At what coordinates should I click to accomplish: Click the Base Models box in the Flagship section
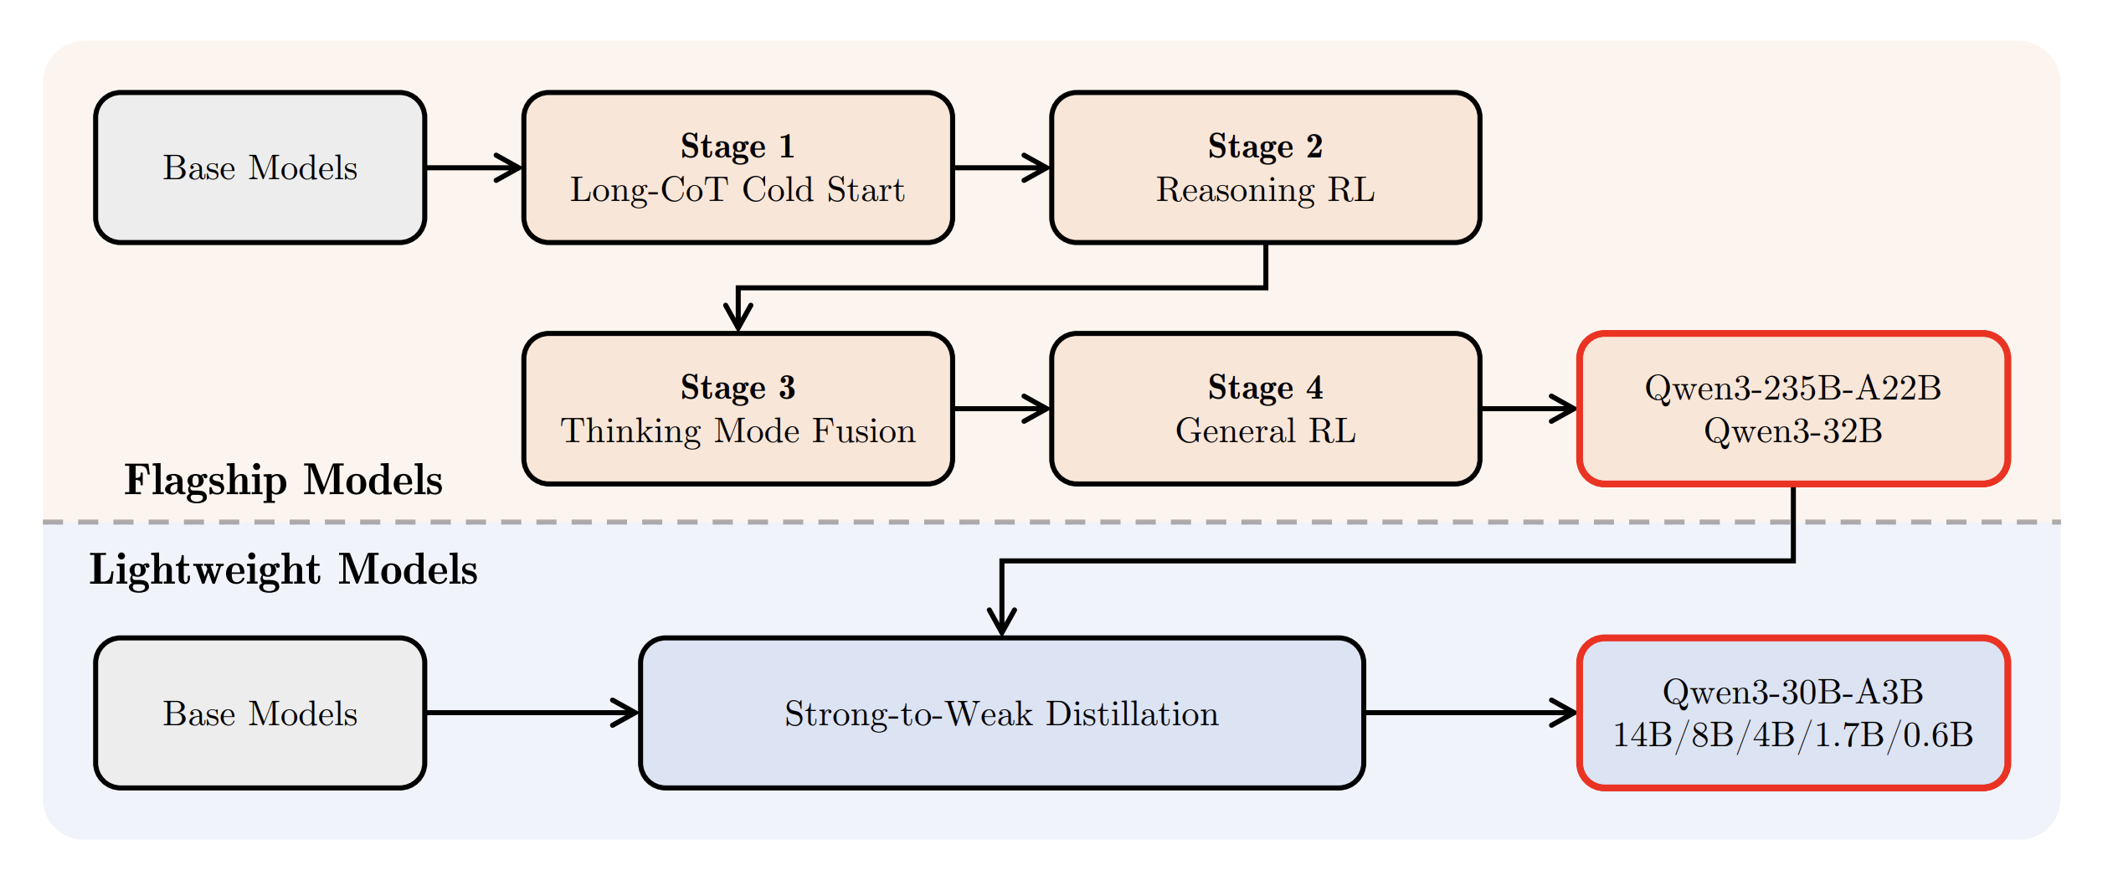click(260, 167)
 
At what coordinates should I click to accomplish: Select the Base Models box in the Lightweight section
click(260, 714)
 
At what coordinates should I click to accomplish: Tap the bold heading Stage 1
click(737, 146)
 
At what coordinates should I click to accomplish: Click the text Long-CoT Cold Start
click(737, 190)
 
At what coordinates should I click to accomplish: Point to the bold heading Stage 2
click(1265, 146)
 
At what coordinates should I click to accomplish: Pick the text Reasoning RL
click(1265, 190)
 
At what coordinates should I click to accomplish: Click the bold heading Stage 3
click(737, 387)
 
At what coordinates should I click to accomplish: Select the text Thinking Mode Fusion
click(737, 431)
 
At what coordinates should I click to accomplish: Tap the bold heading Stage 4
click(1265, 387)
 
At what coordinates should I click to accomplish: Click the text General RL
click(1265, 431)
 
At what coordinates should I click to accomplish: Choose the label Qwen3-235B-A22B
click(1792, 388)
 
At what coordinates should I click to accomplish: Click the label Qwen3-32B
click(1792, 431)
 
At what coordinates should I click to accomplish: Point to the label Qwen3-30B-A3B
click(1792, 692)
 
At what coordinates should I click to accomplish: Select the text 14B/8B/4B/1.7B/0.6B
click(1792, 735)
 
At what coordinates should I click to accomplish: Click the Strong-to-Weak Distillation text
click(1001, 714)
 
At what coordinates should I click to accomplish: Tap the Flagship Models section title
click(283, 480)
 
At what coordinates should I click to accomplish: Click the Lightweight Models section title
click(283, 569)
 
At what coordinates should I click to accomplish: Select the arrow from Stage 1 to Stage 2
click(1001, 167)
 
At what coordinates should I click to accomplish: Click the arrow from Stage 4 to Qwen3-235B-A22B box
click(1529, 409)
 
